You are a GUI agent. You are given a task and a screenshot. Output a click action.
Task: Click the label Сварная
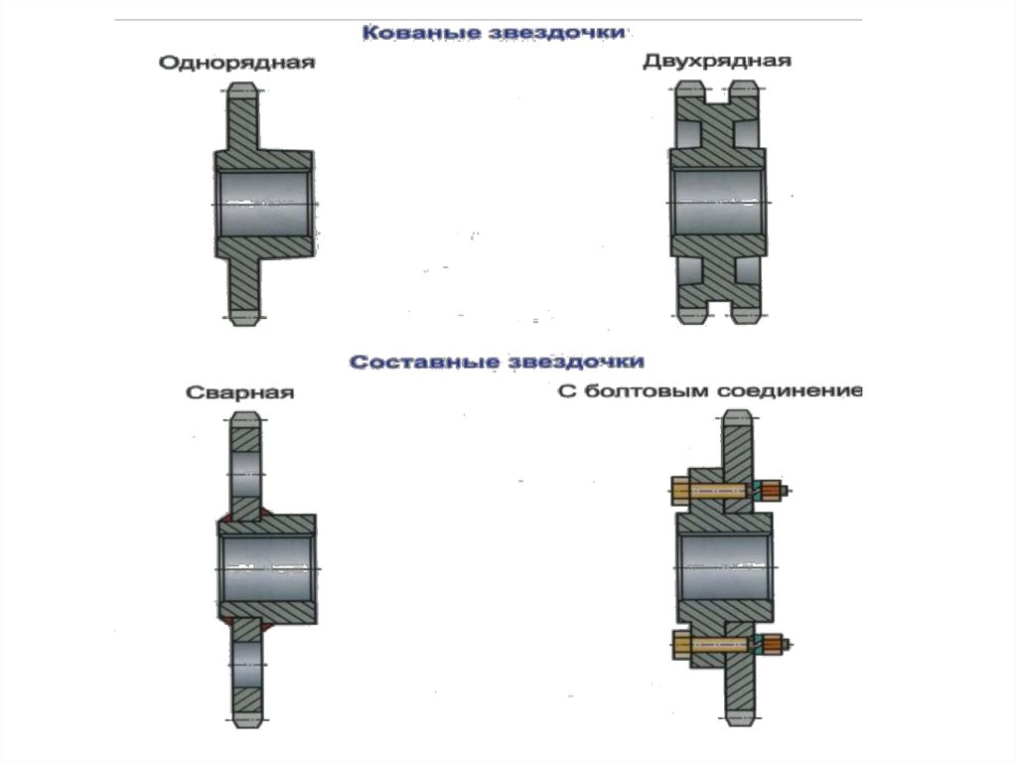[x=240, y=392]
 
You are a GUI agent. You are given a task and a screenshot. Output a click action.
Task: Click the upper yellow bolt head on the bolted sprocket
[x=682, y=490]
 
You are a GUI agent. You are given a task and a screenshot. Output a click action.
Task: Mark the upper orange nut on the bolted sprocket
[x=770, y=490]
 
